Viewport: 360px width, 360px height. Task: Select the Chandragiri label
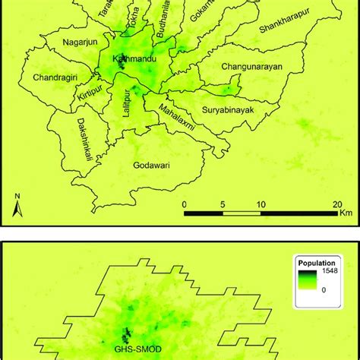(x=55, y=77)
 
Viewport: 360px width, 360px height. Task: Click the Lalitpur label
(x=120, y=107)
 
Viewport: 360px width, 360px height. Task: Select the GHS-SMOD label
(x=127, y=351)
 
